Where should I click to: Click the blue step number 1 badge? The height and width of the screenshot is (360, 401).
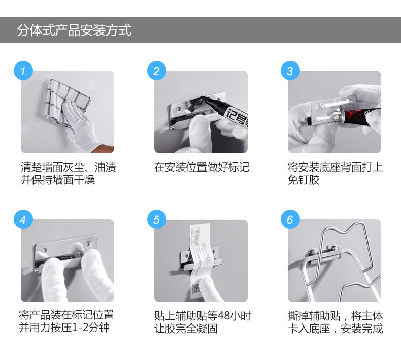tap(23, 71)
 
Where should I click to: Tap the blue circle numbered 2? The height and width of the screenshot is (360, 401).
tap(157, 71)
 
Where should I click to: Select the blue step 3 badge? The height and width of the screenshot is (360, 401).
tap(290, 71)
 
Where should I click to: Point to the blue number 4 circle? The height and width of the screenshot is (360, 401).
tap(23, 219)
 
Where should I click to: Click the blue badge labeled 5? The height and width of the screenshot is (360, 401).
tap(157, 219)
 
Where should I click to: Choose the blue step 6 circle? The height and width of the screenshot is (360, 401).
tap(290, 219)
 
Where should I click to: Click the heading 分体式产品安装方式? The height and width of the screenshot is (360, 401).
tap(74, 30)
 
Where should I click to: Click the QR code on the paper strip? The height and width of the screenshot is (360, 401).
tap(196, 288)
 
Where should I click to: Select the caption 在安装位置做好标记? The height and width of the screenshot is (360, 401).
tap(202, 168)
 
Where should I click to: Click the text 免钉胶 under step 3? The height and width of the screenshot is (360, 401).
tap(304, 180)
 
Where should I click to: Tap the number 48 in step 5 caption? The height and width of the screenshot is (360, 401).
tap(223, 316)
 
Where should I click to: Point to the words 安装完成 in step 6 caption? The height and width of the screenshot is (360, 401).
tap(361, 329)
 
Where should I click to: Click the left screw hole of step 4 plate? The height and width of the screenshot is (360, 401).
tap(45, 249)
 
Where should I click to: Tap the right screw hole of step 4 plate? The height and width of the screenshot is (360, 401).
tap(89, 243)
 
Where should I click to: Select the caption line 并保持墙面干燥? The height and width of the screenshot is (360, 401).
tap(58, 180)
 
